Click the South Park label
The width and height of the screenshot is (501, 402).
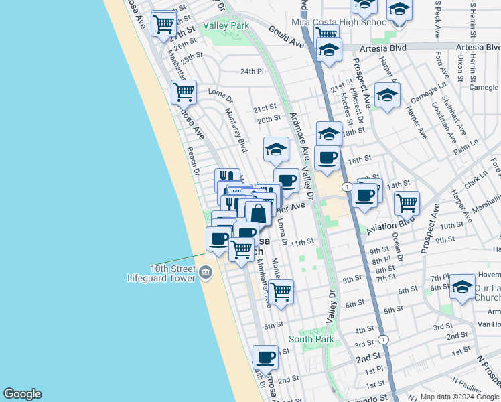click(x=311, y=340)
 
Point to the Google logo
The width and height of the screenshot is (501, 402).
click(x=22, y=394)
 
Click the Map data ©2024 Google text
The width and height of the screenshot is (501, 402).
click(x=460, y=397)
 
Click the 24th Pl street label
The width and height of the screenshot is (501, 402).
click(x=253, y=72)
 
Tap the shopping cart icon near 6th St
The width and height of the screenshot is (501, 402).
click(x=281, y=291)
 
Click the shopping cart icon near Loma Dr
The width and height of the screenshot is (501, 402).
click(x=183, y=91)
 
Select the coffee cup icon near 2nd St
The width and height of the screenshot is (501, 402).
click(x=266, y=357)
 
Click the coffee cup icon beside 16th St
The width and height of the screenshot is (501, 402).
click(x=327, y=157)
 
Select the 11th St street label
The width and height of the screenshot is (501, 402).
click(x=302, y=242)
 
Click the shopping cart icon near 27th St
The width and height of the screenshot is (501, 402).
click(x=163, y=24)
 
